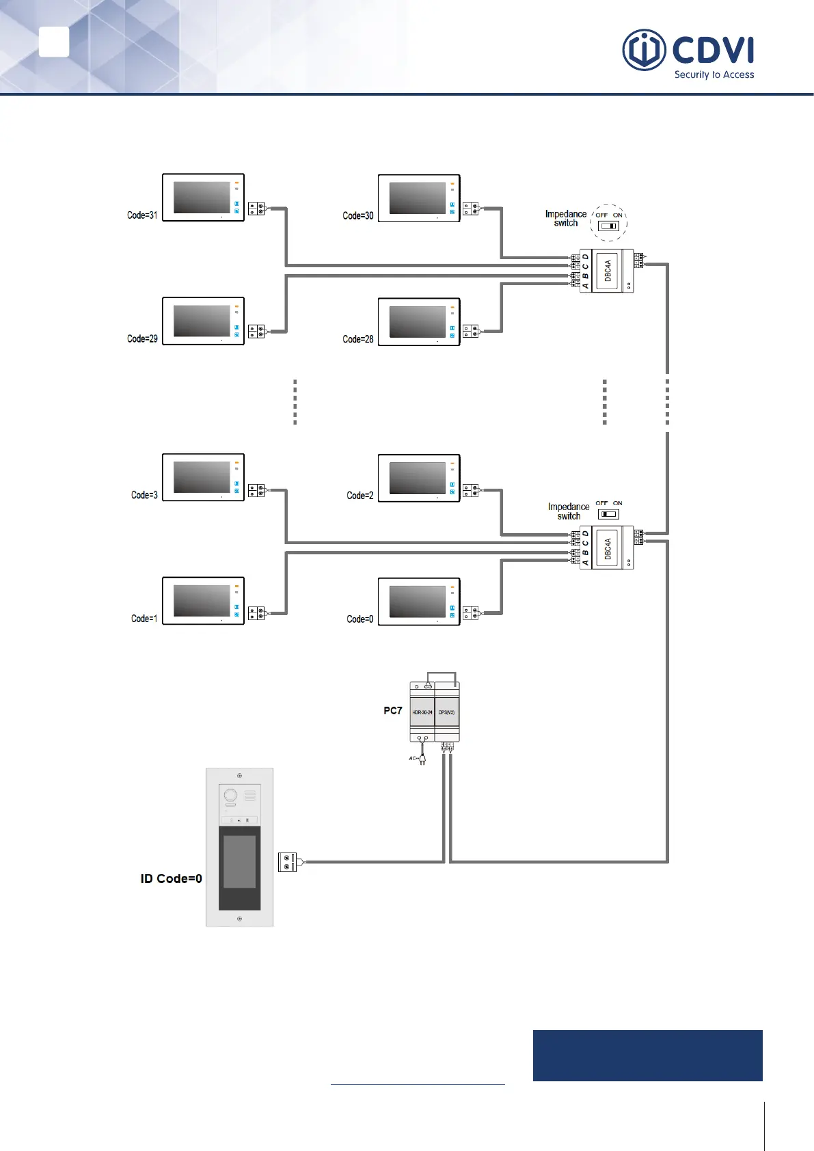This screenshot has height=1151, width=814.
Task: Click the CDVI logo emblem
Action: point(644,50)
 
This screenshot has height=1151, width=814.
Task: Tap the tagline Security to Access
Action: point(714,75)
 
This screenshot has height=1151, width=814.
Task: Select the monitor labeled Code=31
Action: point(203,198)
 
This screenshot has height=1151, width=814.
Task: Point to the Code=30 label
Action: point(358,215)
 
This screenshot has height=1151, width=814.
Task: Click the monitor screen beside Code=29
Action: point(202,321)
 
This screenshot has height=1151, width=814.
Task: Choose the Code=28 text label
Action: point(358,339)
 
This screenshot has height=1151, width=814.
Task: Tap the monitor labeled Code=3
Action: point(203,477)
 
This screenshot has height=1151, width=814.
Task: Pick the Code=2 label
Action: point(360,496)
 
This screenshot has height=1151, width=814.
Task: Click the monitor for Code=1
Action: point(203,601)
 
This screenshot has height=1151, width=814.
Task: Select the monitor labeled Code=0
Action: point(419,601)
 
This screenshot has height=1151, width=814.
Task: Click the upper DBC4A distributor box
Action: point(607,271)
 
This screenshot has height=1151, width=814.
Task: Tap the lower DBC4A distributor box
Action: point(607,548)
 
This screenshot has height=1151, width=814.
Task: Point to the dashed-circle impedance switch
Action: point(608,223)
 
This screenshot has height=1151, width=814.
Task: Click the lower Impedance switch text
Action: point(569,511)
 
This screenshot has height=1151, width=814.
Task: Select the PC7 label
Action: point(392,711)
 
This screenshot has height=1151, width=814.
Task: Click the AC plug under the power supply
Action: point(422,759)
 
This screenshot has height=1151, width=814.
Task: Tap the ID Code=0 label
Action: point(171,879)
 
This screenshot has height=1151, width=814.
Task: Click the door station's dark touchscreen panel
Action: point(239,868)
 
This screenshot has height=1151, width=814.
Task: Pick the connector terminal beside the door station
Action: point(287,862)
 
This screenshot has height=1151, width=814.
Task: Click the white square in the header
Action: point(54,42)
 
